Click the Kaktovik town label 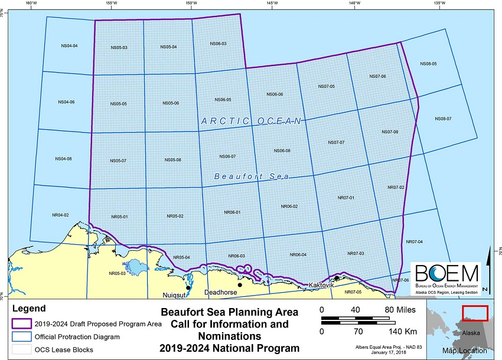tap(321, 286)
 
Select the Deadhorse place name tap(220, 292)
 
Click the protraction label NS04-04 tap(69, 45)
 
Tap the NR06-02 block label tap(289, 207)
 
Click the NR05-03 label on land tap(117, 273)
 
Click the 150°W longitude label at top tap(191, 4)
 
